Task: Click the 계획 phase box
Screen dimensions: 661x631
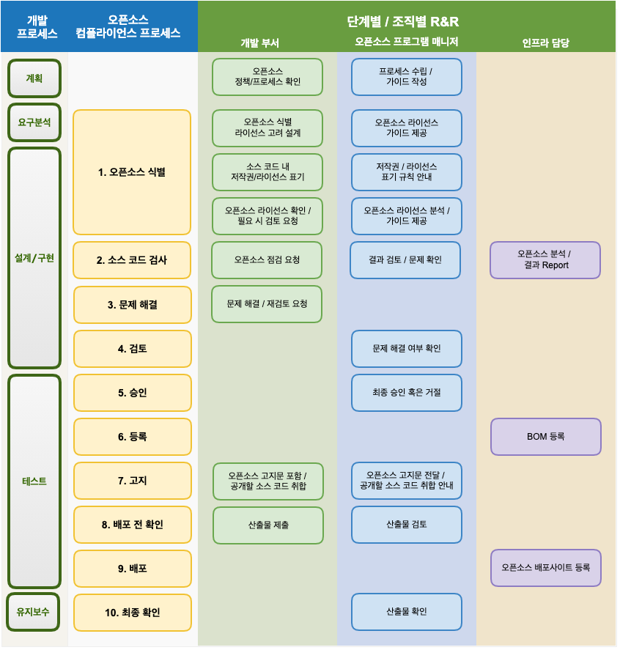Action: point(34,78)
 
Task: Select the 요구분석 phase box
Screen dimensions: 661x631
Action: point(34,122)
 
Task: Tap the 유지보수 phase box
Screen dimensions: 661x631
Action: point(34,612)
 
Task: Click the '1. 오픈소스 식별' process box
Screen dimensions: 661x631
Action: point(132,172)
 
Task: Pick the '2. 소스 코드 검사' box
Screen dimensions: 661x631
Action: point(132,260)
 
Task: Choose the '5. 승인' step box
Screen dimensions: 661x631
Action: point(132,393)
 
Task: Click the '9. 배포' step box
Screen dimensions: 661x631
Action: point(132,569)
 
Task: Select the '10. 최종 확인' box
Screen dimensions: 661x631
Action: point(132,613)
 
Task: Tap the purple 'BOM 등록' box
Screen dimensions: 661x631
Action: point(545,437)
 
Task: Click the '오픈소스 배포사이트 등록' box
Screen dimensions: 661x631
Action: point(545,568)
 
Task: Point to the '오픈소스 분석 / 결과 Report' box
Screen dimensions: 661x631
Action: point(545,260)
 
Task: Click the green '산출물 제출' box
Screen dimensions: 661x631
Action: point(267,525)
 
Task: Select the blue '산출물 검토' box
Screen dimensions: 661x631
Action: point(406,525)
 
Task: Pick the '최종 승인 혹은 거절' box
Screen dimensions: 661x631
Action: point(406,393)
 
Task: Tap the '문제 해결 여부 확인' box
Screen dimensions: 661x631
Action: point(406,349)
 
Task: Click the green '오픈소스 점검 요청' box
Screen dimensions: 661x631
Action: point(267,260)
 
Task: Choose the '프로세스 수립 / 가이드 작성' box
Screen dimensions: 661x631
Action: point(406,77)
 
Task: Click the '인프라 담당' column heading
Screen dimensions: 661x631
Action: point(545,43)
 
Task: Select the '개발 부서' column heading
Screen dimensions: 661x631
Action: point(259,43)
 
